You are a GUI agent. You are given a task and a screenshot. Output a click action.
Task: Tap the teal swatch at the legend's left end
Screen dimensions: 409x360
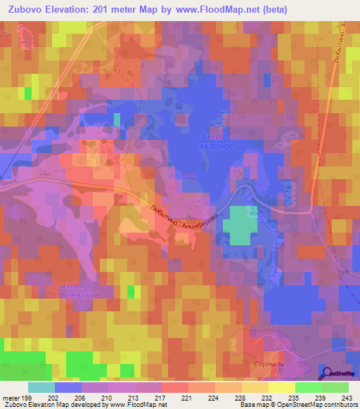41,387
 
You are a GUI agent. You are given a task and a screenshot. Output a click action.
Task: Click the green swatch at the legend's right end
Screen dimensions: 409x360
335,387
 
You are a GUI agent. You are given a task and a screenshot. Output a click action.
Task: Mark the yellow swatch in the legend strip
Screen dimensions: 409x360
281,387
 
